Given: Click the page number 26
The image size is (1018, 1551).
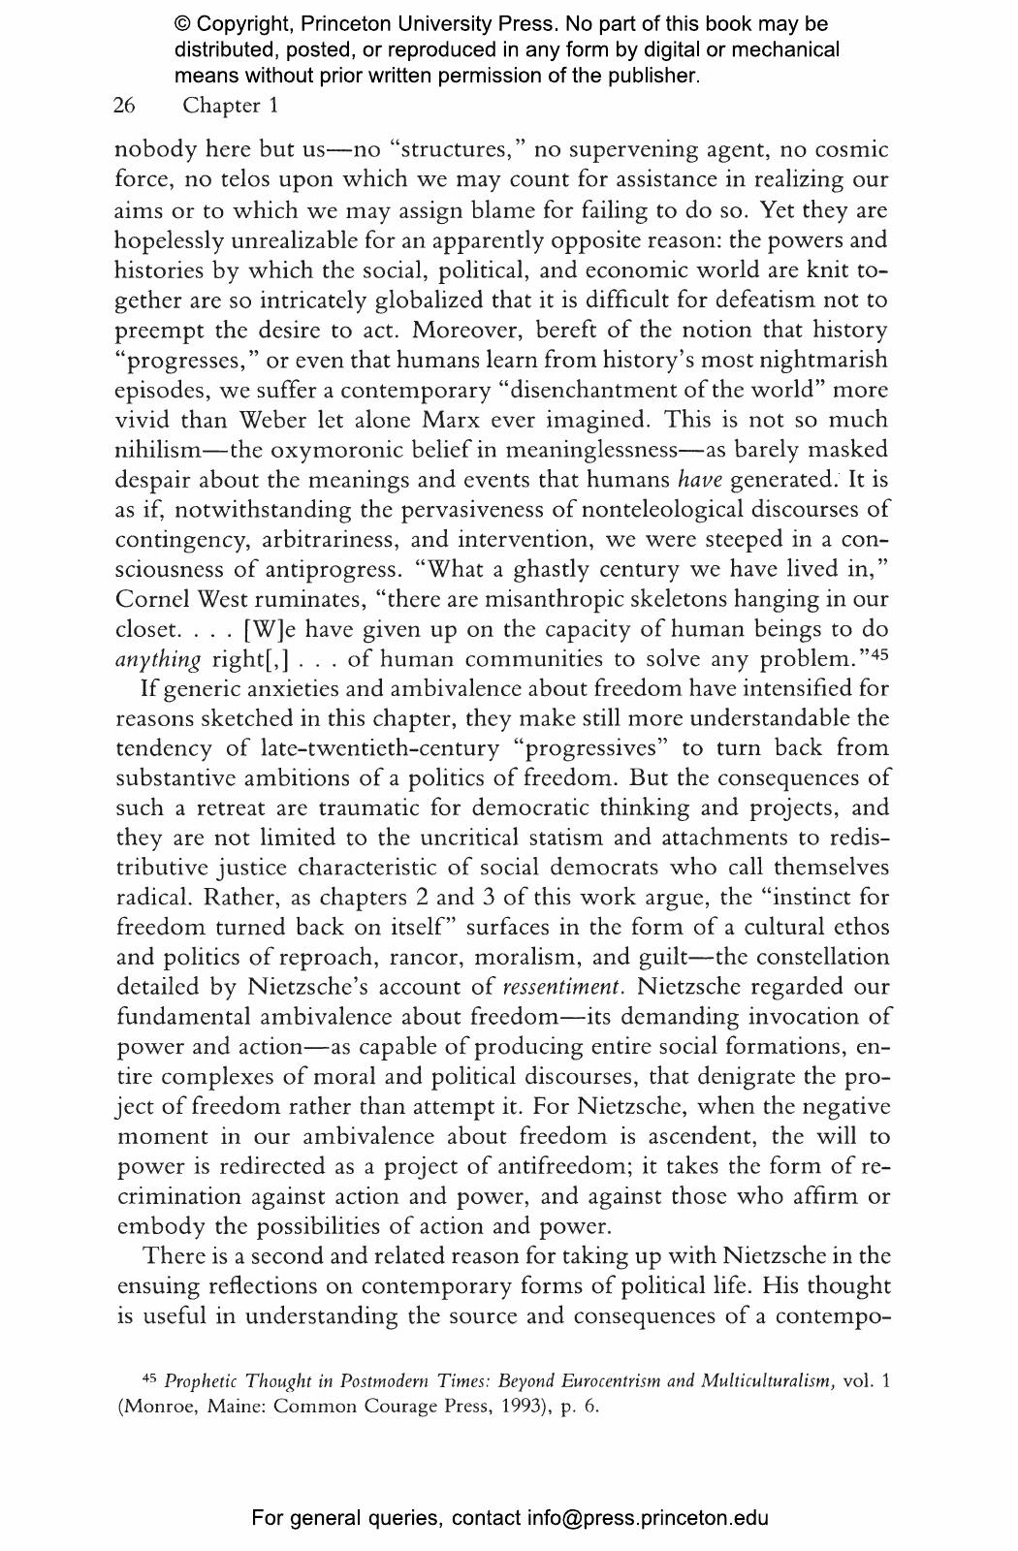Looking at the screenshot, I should tap(124, 106).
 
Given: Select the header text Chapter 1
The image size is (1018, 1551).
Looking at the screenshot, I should tap(230, 106).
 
